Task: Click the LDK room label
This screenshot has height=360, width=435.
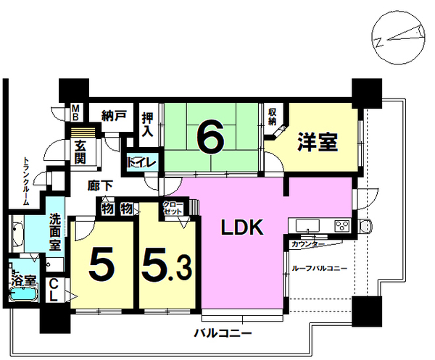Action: [242, 227]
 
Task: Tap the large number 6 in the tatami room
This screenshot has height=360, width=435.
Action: [210, 138]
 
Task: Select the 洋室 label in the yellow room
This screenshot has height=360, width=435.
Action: [318, 142]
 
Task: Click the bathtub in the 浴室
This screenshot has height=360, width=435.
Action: [23, 294]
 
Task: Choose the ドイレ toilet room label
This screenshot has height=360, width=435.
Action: [141, 163]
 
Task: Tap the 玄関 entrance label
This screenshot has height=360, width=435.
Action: [80, 152]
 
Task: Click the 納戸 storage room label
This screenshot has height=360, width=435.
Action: [114, 115]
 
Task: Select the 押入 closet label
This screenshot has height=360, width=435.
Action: [147, 125]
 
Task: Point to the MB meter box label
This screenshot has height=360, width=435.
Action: [75, 112]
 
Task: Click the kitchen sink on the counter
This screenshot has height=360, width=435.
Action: [307, 225]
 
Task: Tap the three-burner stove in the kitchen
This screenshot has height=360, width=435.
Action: [342, 225]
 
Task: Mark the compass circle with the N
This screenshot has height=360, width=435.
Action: [398, 38]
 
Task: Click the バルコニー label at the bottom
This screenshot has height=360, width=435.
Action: [223, 332]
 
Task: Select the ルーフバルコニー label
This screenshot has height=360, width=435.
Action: [319, 268]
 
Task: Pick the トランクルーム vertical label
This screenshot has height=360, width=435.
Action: [26, 182]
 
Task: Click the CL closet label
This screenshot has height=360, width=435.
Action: [53, 290]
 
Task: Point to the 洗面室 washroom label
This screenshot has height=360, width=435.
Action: [55, 233]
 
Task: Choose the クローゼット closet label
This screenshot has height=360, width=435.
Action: [173, 208]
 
